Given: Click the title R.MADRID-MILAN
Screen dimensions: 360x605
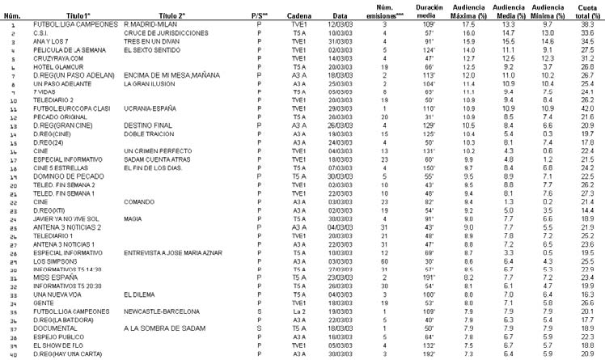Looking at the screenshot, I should pos(151,25).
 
